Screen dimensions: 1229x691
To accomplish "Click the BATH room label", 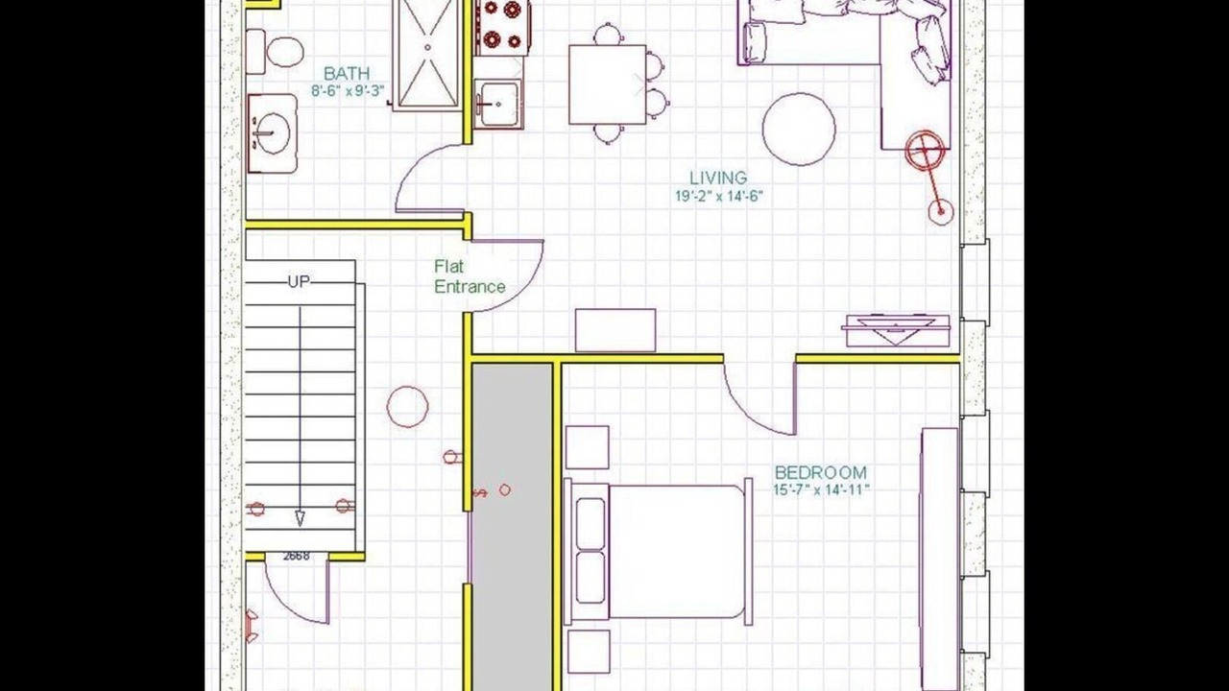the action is click(347, 74).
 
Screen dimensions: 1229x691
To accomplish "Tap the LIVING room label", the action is click(718, 178).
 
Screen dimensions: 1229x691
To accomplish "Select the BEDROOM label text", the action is click(821, 472).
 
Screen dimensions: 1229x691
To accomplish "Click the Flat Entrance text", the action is click(470, 276).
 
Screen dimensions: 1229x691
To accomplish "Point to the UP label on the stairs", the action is click(299, 282).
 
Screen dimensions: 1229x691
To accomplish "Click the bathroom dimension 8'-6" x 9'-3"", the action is click(348, 91).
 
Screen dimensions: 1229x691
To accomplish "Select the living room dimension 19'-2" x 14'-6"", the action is click(719, 196).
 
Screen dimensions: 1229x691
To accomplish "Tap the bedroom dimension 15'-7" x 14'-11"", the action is click(821, 489).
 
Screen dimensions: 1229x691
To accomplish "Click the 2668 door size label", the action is click(297, 556).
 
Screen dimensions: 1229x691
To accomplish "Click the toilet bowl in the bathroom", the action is click(285, 52).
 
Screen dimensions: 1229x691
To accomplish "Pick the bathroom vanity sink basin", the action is click(273, 133).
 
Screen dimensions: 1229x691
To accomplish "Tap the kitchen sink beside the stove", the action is click(498, 104).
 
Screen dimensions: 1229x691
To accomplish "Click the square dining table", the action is click(608, 85).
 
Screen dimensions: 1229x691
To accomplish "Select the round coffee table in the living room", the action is click(799, 130).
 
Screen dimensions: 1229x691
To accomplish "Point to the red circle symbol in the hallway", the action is click(408, 407).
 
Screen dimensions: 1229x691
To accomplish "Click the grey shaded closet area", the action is click(513, 527).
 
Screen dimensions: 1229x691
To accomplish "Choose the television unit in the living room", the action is click(898, 330).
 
